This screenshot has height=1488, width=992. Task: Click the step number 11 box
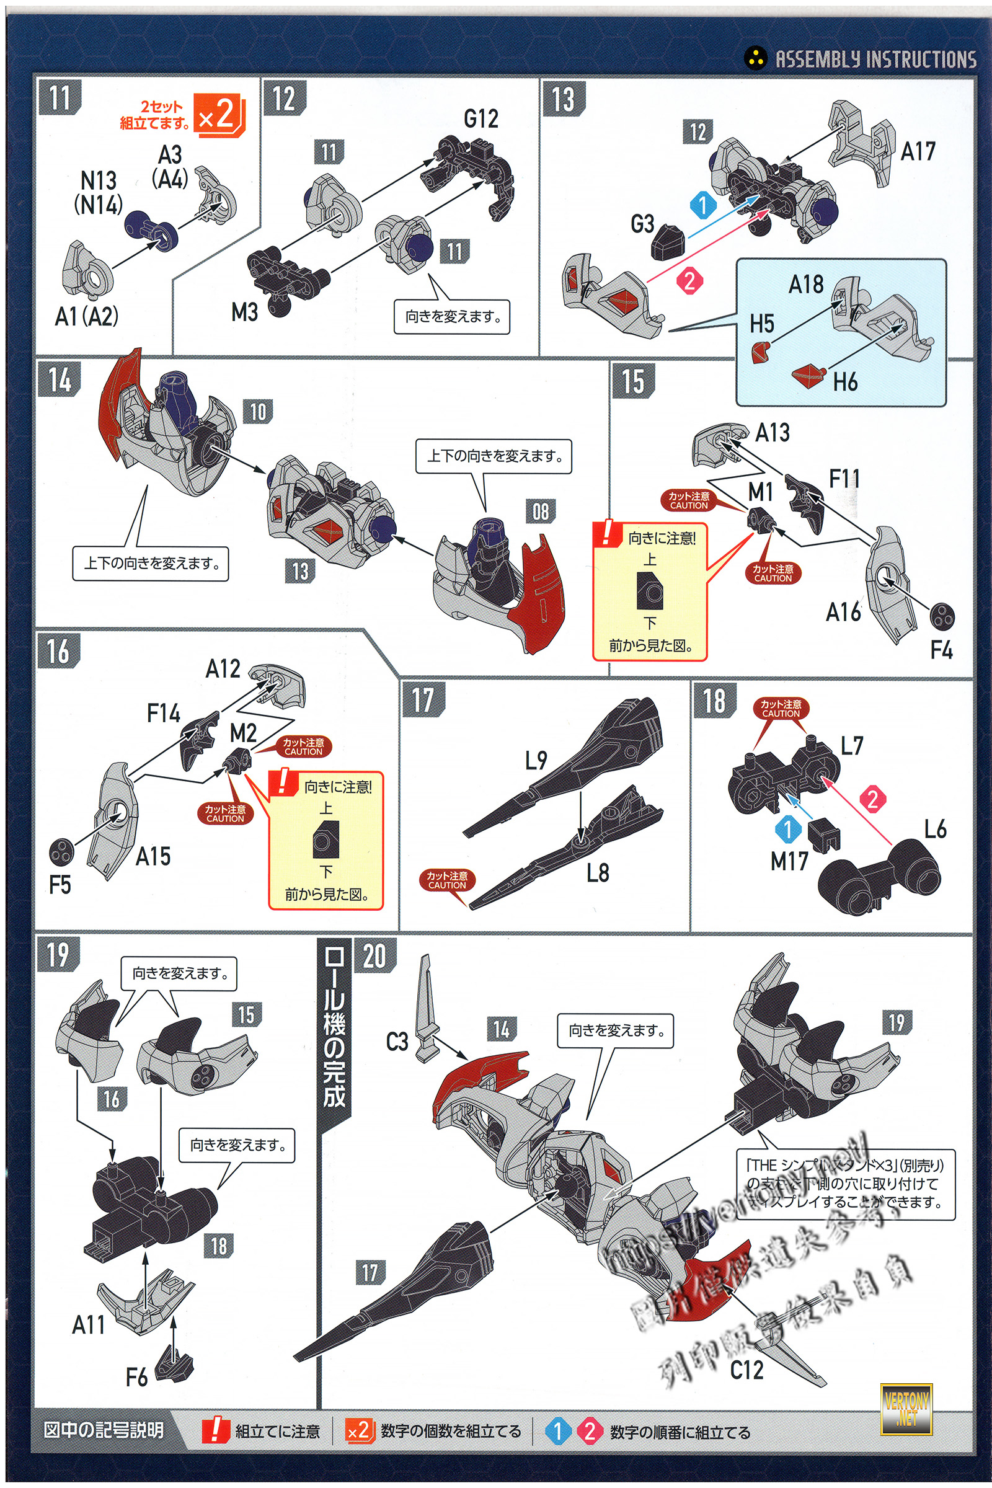coord(60,98)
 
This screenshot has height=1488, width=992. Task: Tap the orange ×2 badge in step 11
coord(218,114)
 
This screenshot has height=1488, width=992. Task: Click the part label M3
coord(244,312)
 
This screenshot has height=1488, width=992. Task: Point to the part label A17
coord(918,152)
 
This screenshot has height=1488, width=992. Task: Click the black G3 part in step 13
coord(669,244)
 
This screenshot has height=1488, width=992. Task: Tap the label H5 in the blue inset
coord(762,324)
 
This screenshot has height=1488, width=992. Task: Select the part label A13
coord(773,433)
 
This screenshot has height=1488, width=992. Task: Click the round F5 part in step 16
coord(61,853)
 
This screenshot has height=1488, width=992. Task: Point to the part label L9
coord(536,761)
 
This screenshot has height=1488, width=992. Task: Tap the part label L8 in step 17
coord(597,873)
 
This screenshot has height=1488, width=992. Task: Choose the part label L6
coord(935,830)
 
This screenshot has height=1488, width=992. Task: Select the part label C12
coord(746,1370)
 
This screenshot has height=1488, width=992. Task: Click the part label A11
coord(88,1325)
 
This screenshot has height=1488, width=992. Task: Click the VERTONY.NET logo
coord(906,1409)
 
